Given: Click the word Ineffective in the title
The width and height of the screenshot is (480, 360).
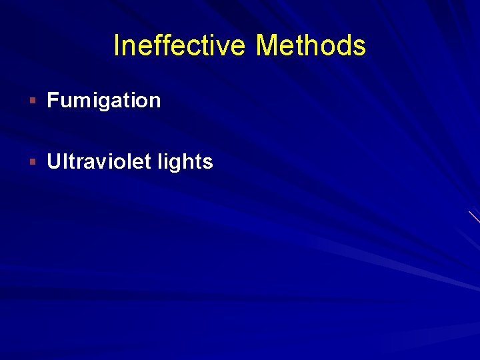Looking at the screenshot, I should coord(181,46).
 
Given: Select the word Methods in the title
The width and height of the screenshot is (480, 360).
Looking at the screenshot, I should coord(311,46).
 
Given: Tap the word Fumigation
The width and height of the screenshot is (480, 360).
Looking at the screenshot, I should coord(104,101).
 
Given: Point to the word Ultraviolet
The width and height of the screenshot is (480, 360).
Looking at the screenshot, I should coord(101,162).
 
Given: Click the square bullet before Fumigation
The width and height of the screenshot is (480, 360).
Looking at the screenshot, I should coord(32,101).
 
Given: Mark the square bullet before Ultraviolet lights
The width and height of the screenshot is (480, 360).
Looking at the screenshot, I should coord(32,162).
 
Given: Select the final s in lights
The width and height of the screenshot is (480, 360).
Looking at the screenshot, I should coord(208,163).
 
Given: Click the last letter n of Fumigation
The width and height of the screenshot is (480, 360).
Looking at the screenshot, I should coord(155,102).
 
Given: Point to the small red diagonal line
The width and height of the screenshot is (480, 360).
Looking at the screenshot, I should coord(474,217).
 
